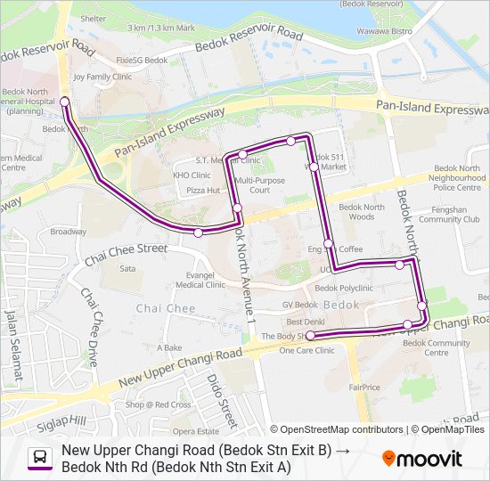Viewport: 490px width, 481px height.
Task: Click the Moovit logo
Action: (422, 459)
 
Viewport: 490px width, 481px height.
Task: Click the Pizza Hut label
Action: (203, 191)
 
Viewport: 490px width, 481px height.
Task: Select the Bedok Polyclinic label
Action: (344, 289)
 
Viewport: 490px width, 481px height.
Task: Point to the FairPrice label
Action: (364, 387)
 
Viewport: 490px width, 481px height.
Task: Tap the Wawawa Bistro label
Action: (412, 30)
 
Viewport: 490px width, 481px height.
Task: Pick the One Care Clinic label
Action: (306, 351)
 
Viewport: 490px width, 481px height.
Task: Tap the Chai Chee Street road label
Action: (126, 255)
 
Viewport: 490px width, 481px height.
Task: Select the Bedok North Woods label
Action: (362, 212)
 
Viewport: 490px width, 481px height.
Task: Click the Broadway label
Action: (68, 232)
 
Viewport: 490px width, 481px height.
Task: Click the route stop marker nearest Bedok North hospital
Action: (65, 102)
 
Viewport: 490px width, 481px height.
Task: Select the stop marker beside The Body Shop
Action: (311, 336)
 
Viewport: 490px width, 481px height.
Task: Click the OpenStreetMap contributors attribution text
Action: (342, 429)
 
